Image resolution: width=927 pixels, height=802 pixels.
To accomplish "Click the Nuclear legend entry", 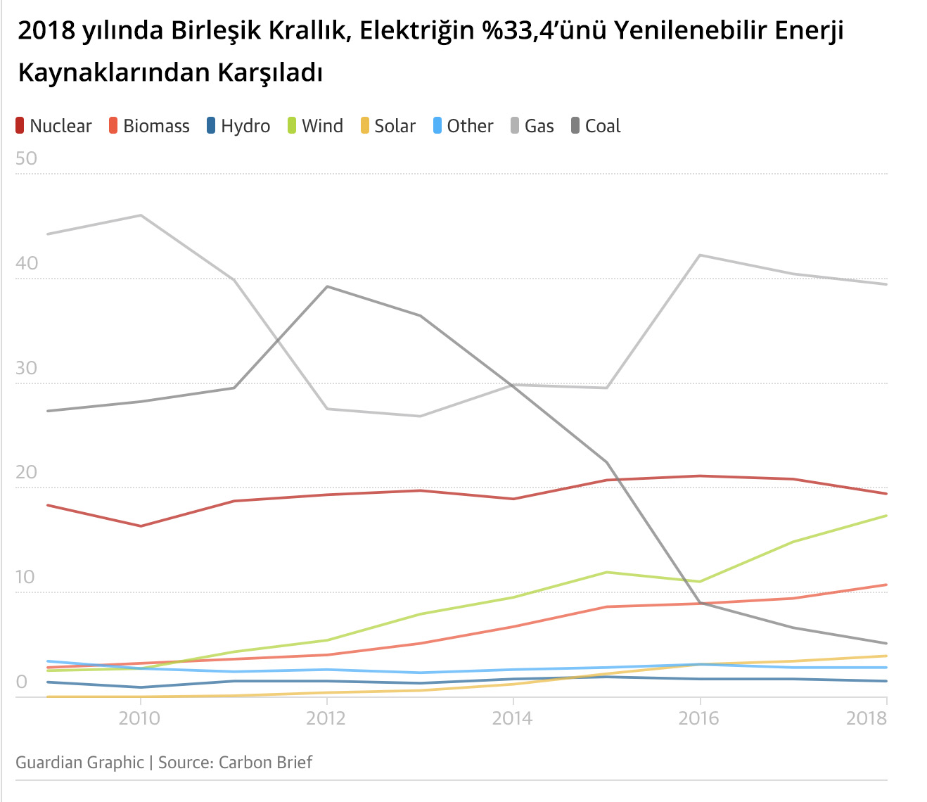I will click(53, 126).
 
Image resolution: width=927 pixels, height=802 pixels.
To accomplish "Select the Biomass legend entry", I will click(149, 126).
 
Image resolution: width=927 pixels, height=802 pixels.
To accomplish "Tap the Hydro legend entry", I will click(238, 126).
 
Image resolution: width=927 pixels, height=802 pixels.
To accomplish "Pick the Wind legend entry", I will click(315, 126).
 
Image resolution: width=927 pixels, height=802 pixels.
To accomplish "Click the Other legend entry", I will click(463, 126).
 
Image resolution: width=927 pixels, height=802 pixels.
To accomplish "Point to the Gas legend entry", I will click(532, 126).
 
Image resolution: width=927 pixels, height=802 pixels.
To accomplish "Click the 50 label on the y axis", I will click(26, 158).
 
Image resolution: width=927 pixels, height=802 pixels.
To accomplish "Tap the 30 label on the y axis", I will click(26, 368).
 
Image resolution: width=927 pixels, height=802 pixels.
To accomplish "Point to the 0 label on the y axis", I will click(21, 682).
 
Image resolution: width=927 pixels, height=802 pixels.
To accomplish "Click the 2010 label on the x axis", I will click(139, 718).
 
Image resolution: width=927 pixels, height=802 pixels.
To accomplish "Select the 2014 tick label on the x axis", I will click(513, 718).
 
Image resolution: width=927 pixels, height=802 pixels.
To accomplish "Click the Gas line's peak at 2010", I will click(141, 215).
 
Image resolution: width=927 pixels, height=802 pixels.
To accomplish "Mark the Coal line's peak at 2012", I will click(327, 286).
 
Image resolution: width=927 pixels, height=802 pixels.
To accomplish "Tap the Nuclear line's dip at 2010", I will click(141, 526).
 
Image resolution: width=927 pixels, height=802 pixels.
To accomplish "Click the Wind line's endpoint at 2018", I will click(886, 516).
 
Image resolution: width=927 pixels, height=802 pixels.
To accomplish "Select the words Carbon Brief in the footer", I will click(265, 763).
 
